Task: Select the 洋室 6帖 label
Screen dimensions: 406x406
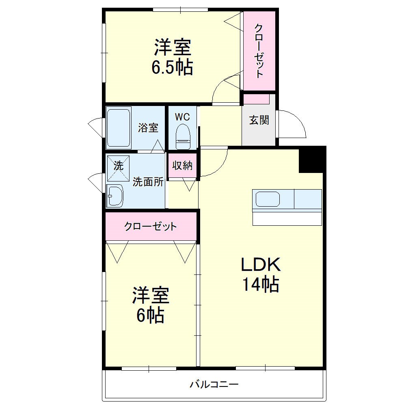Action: point(150,305)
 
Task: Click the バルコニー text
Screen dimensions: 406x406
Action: point(214,384)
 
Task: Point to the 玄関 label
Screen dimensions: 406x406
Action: point(259,120)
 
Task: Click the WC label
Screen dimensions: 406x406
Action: point(182,117)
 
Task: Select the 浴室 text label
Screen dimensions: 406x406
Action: point(148,128)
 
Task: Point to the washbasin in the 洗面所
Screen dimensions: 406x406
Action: point(116,196)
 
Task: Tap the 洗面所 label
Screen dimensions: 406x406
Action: point(148,182)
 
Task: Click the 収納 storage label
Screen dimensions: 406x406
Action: point(182,166)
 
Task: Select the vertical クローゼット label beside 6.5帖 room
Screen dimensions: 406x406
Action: point(259,50)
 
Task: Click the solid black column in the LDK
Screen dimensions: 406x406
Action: point(312,159)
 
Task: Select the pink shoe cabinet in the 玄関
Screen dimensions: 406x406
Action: point(256,99)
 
